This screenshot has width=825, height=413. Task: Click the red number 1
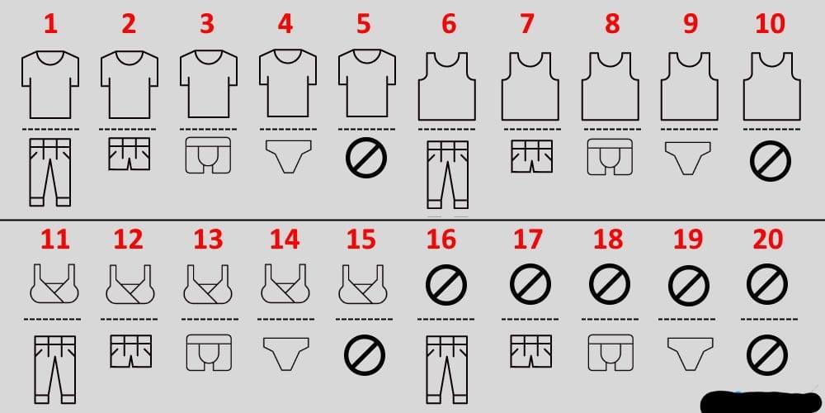[50, 24]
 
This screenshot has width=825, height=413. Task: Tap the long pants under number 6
[447, 174]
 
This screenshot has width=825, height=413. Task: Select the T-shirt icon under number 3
[209, 84]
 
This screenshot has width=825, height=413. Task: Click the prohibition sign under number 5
[366, 158]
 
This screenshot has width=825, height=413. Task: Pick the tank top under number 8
[610, 87]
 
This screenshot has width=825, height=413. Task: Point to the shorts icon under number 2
[129, 154]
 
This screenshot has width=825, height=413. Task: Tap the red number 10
[769, 24]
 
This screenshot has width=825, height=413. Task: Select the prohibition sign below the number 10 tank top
[771, 161]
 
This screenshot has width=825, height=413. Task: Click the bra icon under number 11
[54, 284]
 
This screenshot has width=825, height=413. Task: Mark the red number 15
[361, 240]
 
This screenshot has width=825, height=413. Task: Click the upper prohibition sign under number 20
[767, 284]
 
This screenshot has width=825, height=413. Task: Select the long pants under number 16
[446, 369]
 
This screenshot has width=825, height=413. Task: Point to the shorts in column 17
[531, 351]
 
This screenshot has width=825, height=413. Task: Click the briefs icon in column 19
[688, 354]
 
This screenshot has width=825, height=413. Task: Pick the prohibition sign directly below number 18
[610, 284]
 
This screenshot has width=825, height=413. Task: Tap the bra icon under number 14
[285, 284]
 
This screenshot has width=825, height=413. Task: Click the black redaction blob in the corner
[761, 402]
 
